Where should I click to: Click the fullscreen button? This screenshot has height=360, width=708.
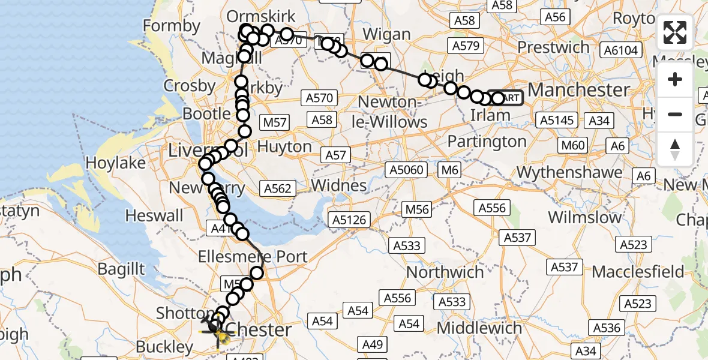click(675, 32)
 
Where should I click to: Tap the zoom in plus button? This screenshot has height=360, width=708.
click(675, 79)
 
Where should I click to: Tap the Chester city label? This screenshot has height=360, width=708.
click(260, 329)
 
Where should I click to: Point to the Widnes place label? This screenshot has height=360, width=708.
click(338, 185)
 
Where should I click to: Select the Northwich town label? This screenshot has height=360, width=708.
click(445, 272)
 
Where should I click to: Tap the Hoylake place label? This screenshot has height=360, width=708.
click(116, 163)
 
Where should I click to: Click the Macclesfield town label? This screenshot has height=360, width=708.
click(637, 271)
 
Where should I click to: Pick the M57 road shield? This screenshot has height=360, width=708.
click(275, 122)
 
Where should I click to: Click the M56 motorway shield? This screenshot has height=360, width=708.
click(416, 209)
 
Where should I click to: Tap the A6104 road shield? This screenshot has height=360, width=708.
click(620, 50)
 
